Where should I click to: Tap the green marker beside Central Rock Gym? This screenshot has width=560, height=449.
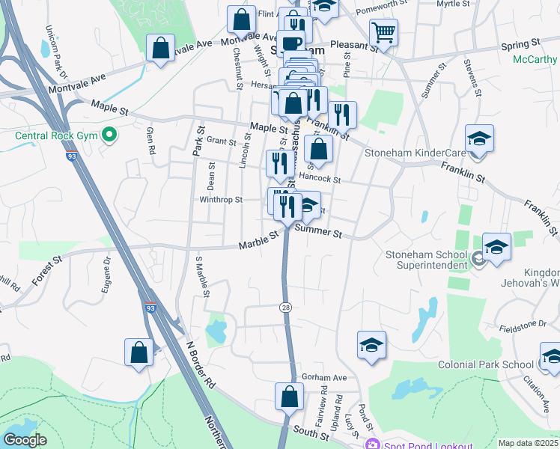(109, 135)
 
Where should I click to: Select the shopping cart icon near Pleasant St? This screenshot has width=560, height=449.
(383, 32)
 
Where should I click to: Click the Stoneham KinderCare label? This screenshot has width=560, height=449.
(415, 153)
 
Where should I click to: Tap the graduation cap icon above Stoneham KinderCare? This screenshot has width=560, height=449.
(479, 138)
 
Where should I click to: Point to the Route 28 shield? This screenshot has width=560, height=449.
(285, 308)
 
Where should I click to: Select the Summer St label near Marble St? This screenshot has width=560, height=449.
(317, 233)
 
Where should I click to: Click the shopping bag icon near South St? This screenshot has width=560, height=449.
(289, 397)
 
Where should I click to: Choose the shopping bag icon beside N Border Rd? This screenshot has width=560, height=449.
(139, 352)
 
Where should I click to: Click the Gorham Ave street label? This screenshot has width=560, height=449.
(324, 377)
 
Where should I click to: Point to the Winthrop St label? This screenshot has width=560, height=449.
(221, 200)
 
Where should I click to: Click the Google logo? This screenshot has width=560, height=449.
(25, 440)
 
